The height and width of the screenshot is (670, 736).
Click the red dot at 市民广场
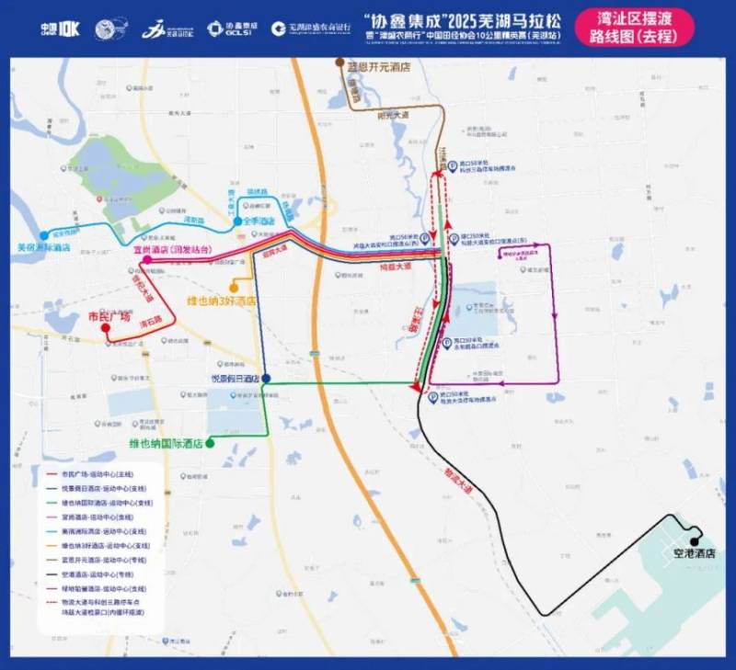pyautogui.click(x=106, y=327)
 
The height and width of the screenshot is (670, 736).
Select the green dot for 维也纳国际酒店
pyautogui.click(x=211, y=443)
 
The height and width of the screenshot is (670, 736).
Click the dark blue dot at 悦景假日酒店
pyautogui.click(x=266, y=378)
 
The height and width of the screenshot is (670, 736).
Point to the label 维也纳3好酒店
pyautogui.click(x=221, y=301)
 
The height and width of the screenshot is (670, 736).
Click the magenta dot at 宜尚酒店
pyautogui.click(x=147, y=260)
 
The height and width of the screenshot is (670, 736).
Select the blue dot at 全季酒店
pyautogui.click(x=237, y=221)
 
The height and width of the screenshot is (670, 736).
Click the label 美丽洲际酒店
pyautogui.click(x=44, y=247)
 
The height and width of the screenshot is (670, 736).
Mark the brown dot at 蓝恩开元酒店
pyautogui.click(x=338, y=65)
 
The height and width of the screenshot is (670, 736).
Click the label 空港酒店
pyautogui.click(x=694, y=554)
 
